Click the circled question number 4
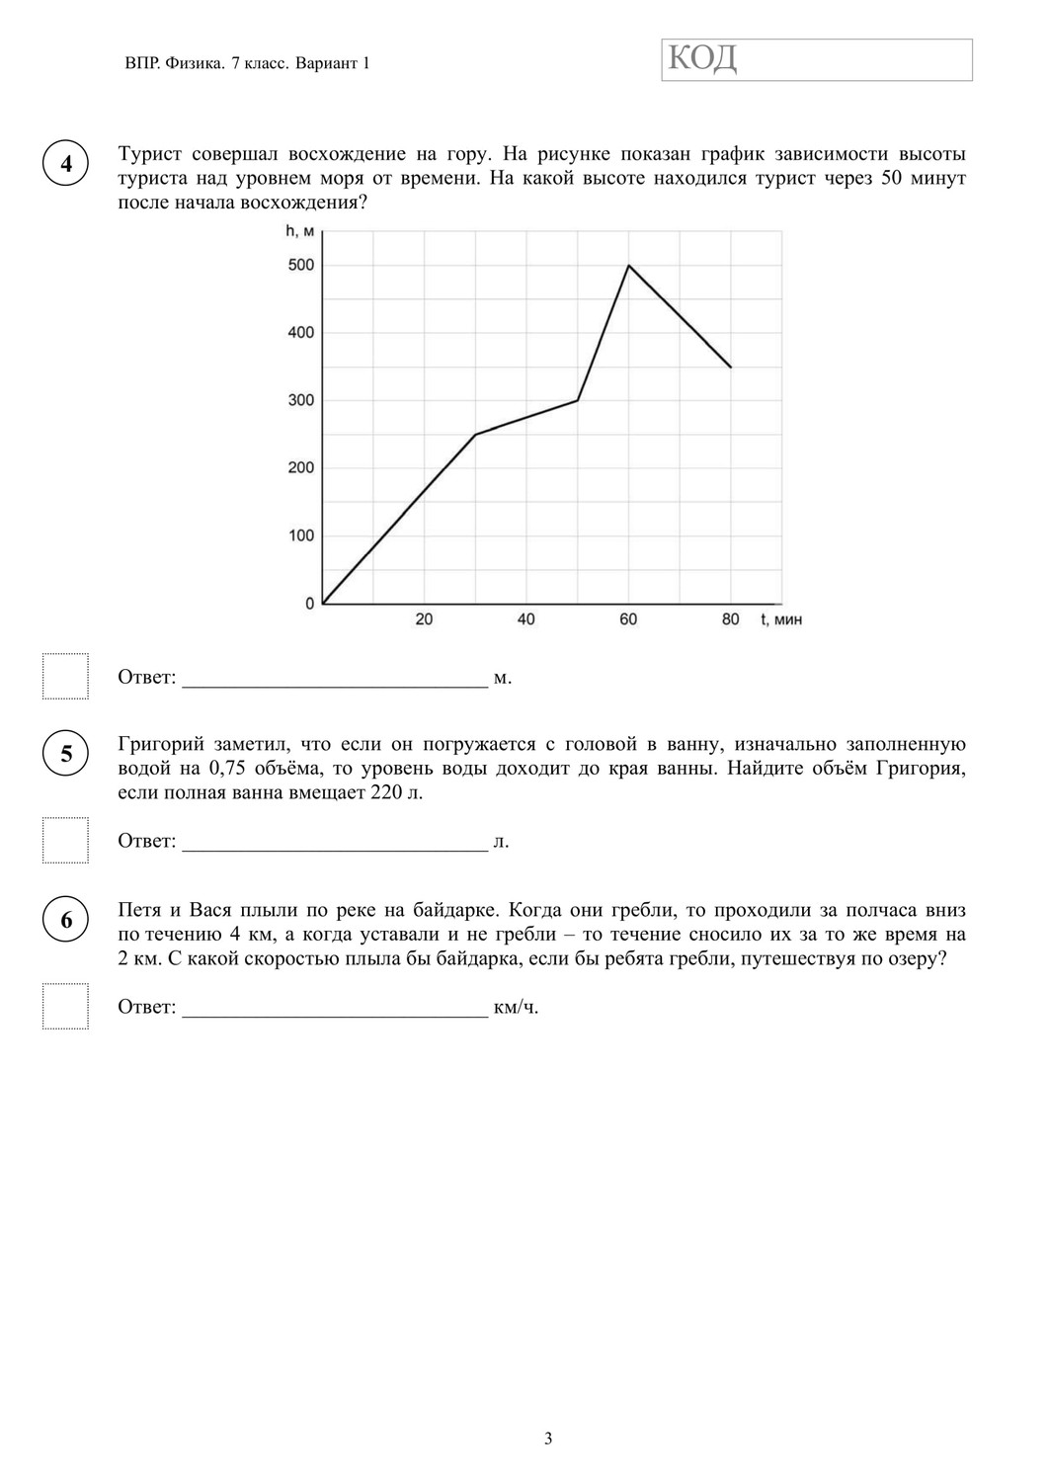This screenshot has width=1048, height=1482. pyautogui.click(x=66, y=164)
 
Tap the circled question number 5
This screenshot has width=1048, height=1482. pyautogui.click(x=66, y=754)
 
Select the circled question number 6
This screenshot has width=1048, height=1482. pyautogui.click(x=66, y=920)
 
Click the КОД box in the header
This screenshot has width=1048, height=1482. pyautogui.click(x=817, y=60)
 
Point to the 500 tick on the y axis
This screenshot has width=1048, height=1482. pyautogui.click(x=300, y=265)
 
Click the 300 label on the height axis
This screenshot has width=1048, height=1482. pyautogui.click(x=300, y=400)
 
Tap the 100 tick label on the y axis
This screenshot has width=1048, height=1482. pyautogui.click(x=300, y=535)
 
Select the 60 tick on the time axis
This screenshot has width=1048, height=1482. pyautogui.click(x=628, y=619)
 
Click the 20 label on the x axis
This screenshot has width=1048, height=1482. pyautogui.click(x=424, y=619)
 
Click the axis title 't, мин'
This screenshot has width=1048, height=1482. pyautogui.click(x=781, y=619)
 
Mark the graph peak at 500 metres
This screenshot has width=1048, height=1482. pyautogui.click(x=629, y=266)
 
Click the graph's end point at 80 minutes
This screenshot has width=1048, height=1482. pyautogui.click(x=731, y=368)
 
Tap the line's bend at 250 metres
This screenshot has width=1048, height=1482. pyautogui.click(x=475, y=435)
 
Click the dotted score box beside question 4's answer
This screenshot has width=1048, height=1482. pyautogui.click(x=65, y=676)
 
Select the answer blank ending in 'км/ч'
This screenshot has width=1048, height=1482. pyautogui.click(x=335, y=1008)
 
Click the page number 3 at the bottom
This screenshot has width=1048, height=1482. pyautogui.click(x=548, y=1438)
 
